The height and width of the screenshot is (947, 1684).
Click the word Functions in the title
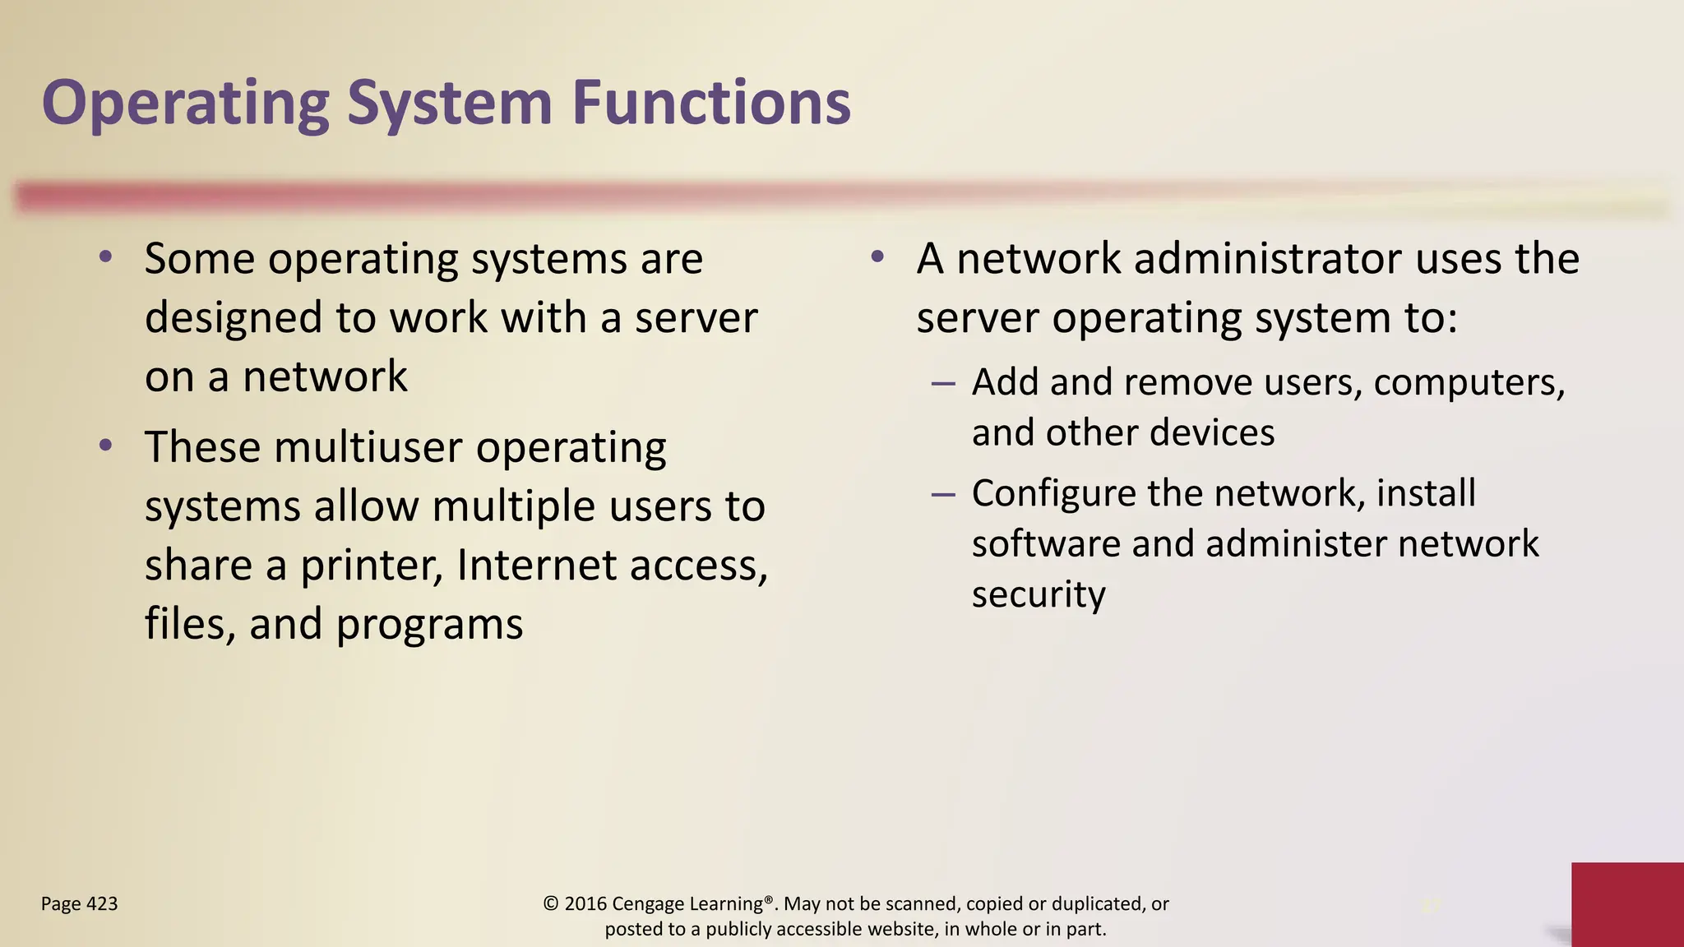[x=711, y=104]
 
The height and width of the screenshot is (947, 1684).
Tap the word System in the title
[x=449, y=104]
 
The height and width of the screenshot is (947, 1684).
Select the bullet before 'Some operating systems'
[x=105, y=257]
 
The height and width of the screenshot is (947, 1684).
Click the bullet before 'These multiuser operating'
[x=105, y=446]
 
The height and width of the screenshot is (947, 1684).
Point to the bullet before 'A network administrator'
[x=877, y=257]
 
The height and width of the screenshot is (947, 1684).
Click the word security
[x=1039, y=595]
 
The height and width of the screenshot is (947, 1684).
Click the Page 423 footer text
[x=79, y=904]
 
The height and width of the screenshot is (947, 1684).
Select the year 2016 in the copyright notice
[x=585, y=904]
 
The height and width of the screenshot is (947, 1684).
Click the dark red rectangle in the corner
[x=1627, y=904]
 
